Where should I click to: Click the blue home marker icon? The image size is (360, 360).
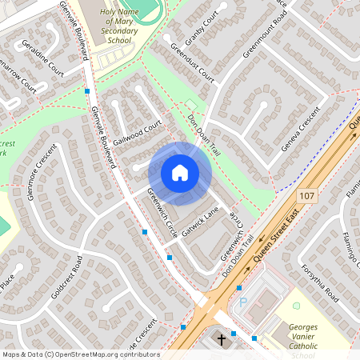(x=180, y=173)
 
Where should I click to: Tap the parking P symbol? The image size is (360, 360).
(x=243, y=303)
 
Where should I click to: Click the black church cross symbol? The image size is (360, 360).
(x=220, y=339)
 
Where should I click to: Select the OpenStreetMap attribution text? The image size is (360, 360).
(x=80, y=354)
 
